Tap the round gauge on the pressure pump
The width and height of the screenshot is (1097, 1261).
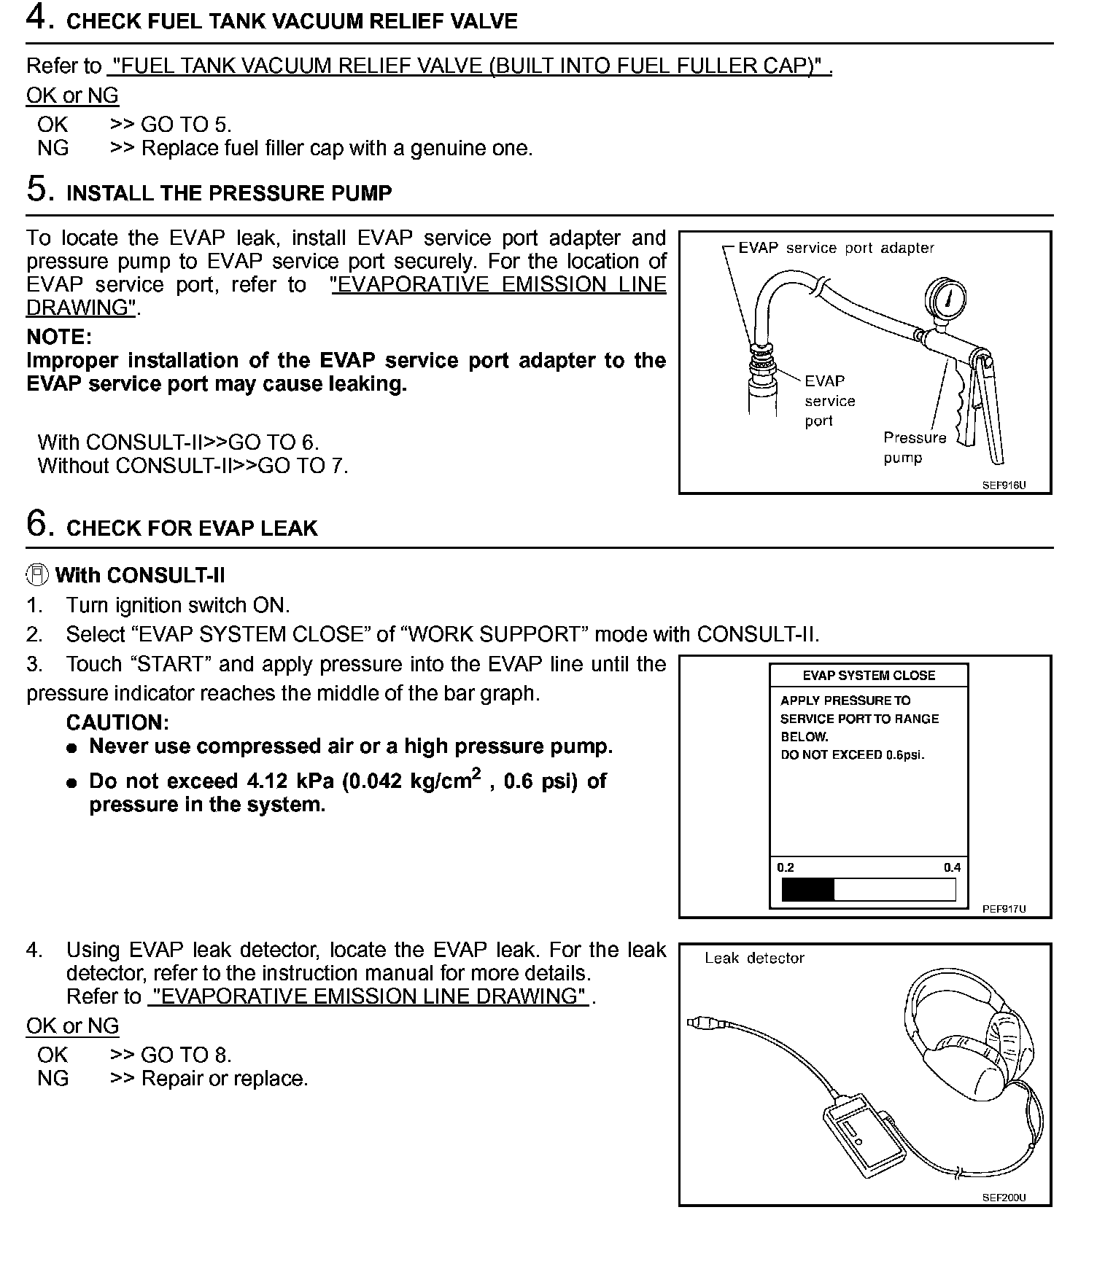(945, 299)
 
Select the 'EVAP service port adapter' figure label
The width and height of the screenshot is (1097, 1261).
(836, 248)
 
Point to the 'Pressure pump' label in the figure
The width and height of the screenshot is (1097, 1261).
(914, 448)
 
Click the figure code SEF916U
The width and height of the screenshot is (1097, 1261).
(1004, 485)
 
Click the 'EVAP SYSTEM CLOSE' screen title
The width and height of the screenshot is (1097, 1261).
(869, 676)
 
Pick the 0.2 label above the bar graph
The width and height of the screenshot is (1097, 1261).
(786, 867)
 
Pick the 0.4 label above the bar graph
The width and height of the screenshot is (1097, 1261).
(952, 867)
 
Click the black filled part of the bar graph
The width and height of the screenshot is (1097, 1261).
(807, 890)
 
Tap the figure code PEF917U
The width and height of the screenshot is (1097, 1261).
(1004, 909)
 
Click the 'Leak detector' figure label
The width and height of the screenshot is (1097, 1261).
(754, 959)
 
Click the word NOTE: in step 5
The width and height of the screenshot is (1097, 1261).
(59, 337)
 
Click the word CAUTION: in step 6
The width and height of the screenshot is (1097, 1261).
(117, 722)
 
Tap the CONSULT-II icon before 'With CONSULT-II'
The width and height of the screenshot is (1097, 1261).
(37, 575)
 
